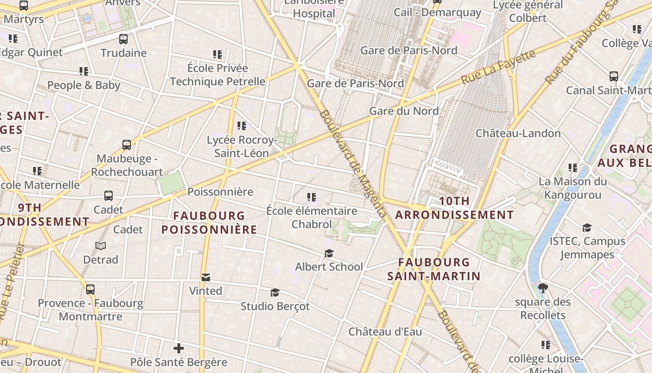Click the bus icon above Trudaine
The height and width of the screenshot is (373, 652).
(x=123, y=39)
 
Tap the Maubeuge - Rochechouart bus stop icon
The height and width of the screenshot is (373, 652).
(x=127, y=145)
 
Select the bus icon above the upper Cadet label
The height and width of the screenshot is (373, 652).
(x=109, y=196)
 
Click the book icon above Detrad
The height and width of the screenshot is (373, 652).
(x=101, y=246)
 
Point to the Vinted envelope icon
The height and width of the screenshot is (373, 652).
(x=205, y=277)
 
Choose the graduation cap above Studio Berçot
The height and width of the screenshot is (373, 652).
(x=275, y=293)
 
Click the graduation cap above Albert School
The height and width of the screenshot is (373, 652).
(x=329, y=253)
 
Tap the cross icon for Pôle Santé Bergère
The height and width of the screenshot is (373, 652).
(x=179, y=348)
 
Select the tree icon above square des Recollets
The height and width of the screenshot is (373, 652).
(x=543, y=288)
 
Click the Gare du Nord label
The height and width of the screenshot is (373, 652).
(x=404, y=111)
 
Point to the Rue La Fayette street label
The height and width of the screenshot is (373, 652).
(x=498, y=68)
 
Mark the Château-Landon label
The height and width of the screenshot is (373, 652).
(x=518, y=133)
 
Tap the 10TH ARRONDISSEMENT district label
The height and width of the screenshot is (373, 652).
(x=454, y=208)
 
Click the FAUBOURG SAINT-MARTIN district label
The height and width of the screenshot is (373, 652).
(x=434, y=269)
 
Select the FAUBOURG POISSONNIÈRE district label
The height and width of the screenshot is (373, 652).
(x=209, y=222)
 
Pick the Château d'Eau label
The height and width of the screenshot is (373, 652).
(x=385, y=332)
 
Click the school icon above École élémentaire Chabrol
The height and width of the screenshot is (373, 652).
(x=312, y=197)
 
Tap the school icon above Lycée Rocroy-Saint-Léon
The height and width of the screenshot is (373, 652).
(x=241, y=126)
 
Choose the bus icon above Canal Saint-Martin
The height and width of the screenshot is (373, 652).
(x=614, y=76)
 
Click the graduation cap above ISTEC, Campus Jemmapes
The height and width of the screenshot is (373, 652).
(x=587, y=228)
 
